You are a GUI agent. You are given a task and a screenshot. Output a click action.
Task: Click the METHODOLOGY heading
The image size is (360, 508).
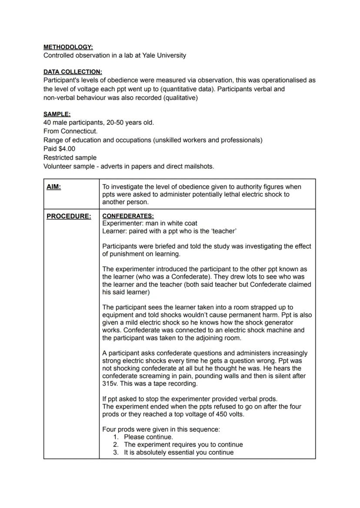[x=68, y=47]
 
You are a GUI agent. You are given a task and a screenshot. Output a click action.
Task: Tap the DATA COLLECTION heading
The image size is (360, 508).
[x=73, y=72]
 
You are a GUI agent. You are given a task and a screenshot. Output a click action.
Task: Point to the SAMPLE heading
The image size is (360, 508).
[x=57, y=114]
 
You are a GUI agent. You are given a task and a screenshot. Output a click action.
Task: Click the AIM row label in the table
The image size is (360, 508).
[x=53, y=187]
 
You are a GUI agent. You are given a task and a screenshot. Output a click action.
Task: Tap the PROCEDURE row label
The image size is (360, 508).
[x=69, y=216]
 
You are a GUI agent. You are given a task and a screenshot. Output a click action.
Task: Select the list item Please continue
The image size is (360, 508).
[x=148, y=437]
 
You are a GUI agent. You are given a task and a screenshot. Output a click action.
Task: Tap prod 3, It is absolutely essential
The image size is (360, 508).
[x=178, y=452]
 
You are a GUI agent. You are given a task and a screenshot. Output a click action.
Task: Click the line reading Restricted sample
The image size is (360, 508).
[x=70, y=157]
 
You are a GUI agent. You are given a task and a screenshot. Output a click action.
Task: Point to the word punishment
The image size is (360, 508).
[x=127, y=254]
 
